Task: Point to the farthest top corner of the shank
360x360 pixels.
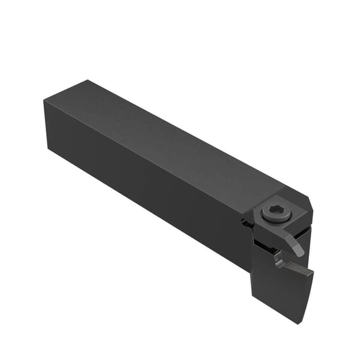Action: pos(90,80)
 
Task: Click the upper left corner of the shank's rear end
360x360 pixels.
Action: pos(44,101)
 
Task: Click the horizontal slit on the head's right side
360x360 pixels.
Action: pos(306,230)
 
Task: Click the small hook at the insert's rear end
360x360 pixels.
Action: pos(277,259)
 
